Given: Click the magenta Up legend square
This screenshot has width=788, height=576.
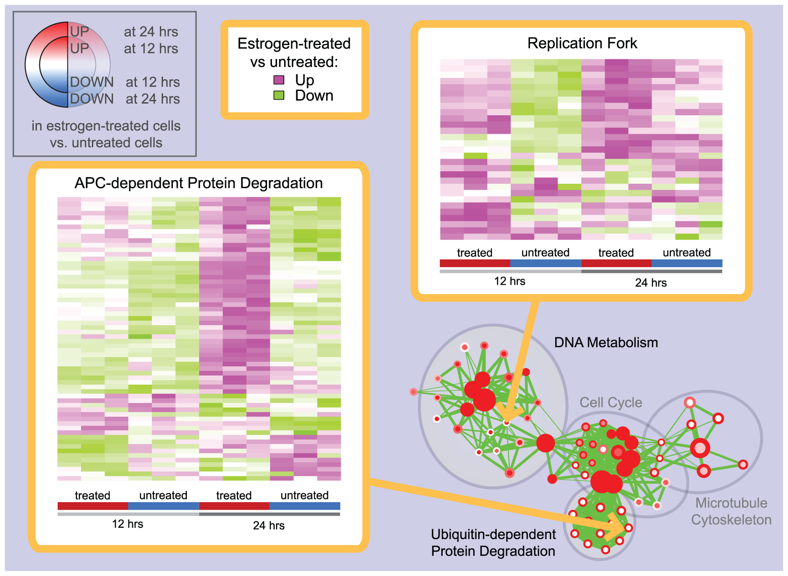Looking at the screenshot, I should coord(279,80).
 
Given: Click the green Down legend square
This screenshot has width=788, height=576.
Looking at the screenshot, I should coord(279,95).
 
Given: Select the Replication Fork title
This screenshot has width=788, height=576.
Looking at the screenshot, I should coord(582,43).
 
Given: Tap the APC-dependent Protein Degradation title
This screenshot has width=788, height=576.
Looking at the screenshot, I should coord(199,183).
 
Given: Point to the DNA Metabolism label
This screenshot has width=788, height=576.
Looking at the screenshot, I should coord(606,343).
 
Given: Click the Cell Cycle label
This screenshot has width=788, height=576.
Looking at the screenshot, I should coord(611,403).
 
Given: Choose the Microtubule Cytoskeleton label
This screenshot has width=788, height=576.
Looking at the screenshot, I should coord(731,511).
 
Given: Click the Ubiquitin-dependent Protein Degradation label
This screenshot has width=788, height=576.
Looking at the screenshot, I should coord(493,543).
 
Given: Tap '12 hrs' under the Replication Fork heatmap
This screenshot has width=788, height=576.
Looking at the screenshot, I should coord(509,281).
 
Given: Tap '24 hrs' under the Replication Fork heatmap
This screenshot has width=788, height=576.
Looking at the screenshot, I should coord(651,283).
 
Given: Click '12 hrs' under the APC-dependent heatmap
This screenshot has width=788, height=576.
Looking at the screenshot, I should coord(127,524).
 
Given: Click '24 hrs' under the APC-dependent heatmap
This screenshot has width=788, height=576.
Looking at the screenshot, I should coord(268,526).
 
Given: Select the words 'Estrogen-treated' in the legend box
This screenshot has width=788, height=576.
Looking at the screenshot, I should coord(294,44).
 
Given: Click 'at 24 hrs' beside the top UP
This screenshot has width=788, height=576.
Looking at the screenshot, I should coord(151,32).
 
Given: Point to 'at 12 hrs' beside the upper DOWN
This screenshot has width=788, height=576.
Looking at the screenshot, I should coord(153,82).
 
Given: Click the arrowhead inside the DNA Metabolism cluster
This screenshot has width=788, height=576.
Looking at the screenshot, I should coord(509,412).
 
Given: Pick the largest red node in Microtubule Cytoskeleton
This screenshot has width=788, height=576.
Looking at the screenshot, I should coord(700,448).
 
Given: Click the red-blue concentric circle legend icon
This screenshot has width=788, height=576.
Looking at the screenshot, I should coord(68,64).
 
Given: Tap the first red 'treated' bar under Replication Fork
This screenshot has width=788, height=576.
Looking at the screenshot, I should coord(475,263).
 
